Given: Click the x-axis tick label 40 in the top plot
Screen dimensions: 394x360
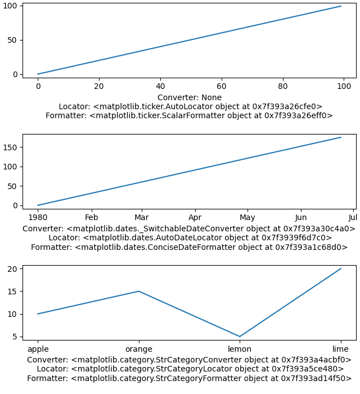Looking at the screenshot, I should [x=160, y=87].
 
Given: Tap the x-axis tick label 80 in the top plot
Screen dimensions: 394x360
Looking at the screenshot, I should [x=283, y=87].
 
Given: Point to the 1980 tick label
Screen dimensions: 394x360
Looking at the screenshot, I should [x=38, y=218].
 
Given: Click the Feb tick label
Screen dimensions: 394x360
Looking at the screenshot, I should [x=92, y=218].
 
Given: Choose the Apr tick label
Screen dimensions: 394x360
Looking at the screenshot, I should [x=195, y=218].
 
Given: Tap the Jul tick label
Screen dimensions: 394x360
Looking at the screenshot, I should [x=353, y=218].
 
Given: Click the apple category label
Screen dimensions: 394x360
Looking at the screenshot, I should [x=38, y=349].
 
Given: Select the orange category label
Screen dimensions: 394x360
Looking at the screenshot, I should [x=139, y=349].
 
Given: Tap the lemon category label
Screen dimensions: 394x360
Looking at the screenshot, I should [x=240, y=349].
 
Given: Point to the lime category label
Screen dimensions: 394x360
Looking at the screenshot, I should [x=341, y=349].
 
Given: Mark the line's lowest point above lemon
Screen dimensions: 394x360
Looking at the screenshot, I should [x=240, y=337].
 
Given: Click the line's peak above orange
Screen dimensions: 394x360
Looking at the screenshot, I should [x=139, y=291].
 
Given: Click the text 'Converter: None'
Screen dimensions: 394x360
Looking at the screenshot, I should [x=190, y=97].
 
